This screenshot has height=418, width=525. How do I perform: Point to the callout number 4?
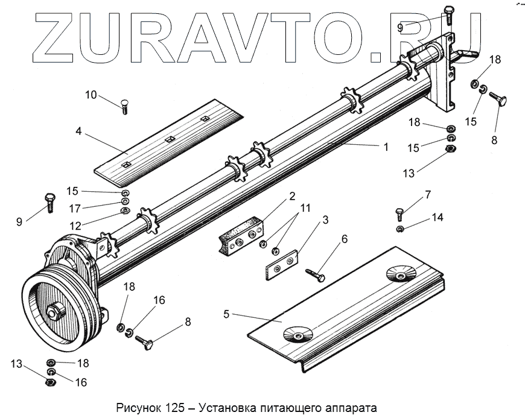point(79,130)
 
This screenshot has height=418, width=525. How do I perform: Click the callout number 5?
point(227,314)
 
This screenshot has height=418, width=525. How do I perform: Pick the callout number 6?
point(344,239)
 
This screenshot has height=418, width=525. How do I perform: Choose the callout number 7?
point(428,194)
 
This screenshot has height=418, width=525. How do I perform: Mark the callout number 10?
point(91,95)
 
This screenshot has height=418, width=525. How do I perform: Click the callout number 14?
point(437,217)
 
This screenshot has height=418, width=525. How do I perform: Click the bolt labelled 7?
point(400,214)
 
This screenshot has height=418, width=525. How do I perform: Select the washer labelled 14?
point(400,229)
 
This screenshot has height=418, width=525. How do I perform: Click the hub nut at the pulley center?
point(58,312)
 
